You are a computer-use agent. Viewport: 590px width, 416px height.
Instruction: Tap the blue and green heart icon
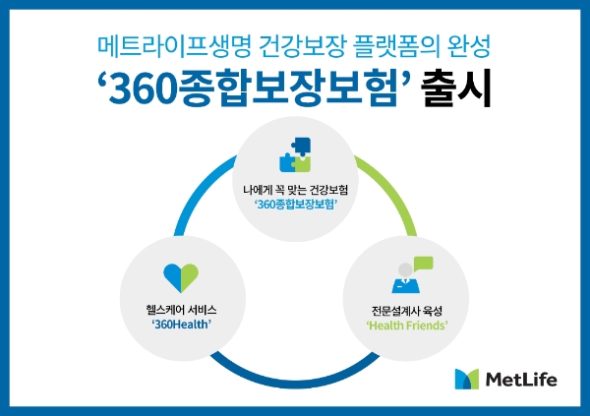(181, 276)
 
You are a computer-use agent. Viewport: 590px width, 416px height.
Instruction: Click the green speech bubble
(423, 263)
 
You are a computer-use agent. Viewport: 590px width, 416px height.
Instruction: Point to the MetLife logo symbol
(469, 379)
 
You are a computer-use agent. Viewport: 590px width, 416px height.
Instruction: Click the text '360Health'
(179, 323)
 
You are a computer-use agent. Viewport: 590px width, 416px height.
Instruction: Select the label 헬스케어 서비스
(179, 306)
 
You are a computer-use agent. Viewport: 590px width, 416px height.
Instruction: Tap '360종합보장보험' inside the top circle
(295, 204)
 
